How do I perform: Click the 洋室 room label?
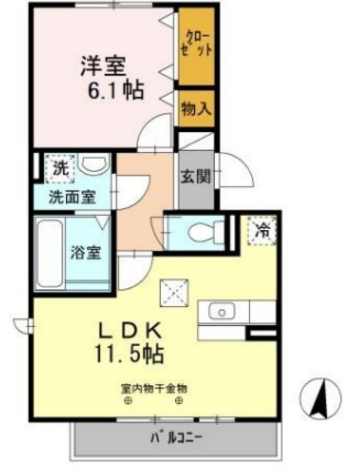click(x=103, y=66)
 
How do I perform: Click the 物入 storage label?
click(x=197, y=108)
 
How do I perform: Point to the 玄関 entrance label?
click(x=196, y=176)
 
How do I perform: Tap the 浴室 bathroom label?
click(x=87, y=253)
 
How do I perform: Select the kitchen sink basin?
click(x=223, y=312)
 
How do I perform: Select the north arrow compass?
click(x=320, y=399)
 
